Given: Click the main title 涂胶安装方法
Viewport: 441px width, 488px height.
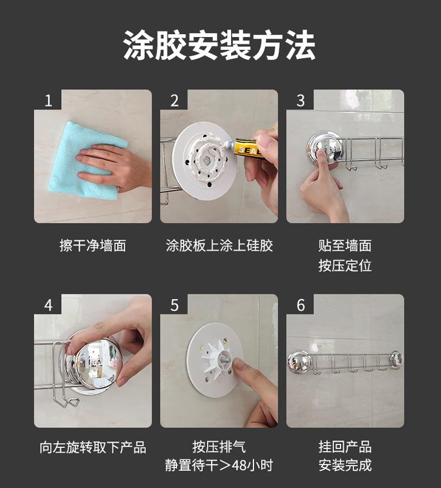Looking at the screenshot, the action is coord(219,45).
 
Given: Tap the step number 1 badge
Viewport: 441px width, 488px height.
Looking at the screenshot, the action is coord(48,100).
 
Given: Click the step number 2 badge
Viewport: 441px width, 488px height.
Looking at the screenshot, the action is coord(175,100).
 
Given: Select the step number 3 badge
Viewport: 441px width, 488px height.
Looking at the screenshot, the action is coord(300,100).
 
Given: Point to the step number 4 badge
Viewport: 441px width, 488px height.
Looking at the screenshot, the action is coord(48,305).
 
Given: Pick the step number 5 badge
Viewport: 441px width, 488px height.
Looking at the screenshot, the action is coord(175,305).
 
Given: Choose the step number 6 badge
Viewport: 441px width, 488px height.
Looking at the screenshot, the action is coord(300,305).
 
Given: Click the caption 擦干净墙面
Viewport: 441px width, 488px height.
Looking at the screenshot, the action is coord(93,245).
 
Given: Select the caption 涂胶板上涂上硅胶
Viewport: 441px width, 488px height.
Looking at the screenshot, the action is coord(219,245).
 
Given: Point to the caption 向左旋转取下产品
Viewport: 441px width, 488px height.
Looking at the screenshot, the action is coord(93,447).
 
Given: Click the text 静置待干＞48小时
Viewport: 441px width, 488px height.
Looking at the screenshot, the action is coord(219,466).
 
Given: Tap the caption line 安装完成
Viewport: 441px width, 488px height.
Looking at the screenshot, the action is coord(345,466).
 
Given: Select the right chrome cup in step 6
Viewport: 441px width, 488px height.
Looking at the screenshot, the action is coord(396,359).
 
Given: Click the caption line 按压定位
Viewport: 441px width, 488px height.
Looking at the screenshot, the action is coord(345,266).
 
